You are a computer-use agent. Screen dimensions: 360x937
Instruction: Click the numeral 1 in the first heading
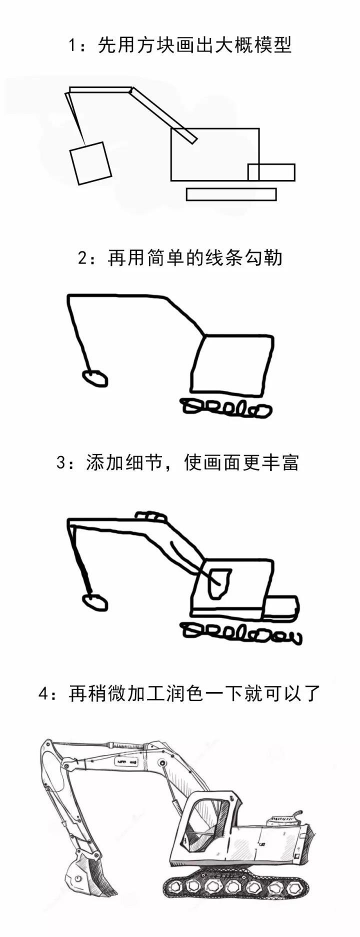pyautogui.click(x=72, y=46)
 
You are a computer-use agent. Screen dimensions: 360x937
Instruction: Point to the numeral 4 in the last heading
pyautogui.click(x=44, y=694)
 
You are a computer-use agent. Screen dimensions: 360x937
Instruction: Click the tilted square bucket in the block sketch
pyautogui.click(x=90, y=163)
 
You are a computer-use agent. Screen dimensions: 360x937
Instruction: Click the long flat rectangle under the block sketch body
pyautogui.click(x=231, y=194)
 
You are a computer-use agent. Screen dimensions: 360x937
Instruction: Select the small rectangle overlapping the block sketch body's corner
pyautogui.click(x=271, y=172)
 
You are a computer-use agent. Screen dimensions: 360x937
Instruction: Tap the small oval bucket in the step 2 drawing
pyautogui.click(x=94, y=377)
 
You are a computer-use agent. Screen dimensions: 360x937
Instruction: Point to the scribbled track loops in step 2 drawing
pyautogui.click(x=226, y=408)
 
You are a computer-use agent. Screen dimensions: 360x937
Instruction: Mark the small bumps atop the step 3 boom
pyautogui.click(x=150, y=516)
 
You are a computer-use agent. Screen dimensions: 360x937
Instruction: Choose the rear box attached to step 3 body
pyautogui.click(x=280, y=607)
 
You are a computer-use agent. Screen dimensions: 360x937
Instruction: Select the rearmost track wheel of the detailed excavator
pyautogui.click(x=292, y=888)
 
